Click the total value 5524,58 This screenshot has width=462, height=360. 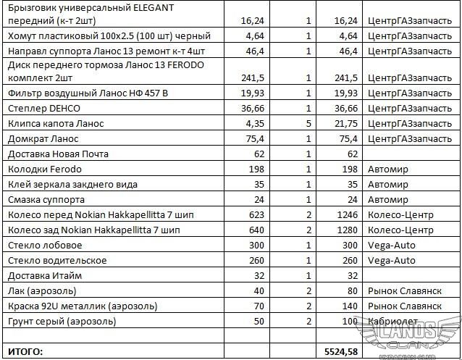pyautogui.click(x=340, y=352)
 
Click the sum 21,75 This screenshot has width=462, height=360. pyautogui.click(x=346, y=123)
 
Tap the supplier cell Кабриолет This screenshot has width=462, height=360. pyautogui.click(x=392, y=321)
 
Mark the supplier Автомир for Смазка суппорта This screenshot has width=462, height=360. pyautogui.click(x=388, y=200)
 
